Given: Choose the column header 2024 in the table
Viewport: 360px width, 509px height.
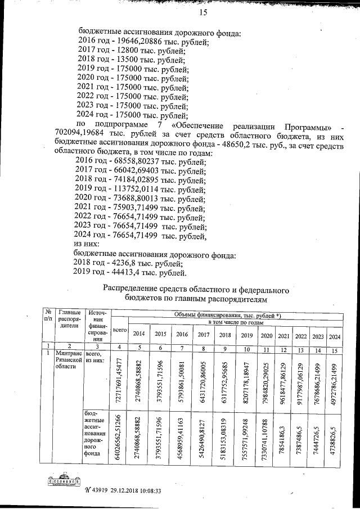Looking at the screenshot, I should point(335,336).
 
